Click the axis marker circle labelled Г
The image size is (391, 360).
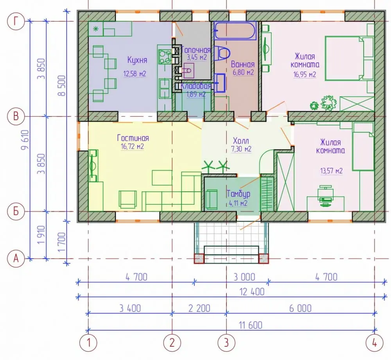coord(16,21)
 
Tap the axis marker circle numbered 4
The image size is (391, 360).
coord(375,343)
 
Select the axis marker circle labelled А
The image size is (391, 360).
coord(16,259)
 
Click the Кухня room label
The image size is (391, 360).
coord(137,60)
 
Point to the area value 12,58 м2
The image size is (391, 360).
coord(135,74)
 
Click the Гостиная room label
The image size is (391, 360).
coord(133,138)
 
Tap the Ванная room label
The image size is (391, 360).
coord(243,64)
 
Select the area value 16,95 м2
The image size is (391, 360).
coord(305,74)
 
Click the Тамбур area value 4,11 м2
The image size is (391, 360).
coord(238,203)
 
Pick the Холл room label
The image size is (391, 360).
coord(241,140)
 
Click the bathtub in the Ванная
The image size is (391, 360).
coord(235,31)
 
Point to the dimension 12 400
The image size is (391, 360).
coord(252,292)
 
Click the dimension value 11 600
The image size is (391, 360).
coord(251,325)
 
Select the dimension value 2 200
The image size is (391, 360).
coord(199,308)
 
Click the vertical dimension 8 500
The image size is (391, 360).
coord(62,86)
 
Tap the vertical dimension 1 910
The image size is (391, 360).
coord(41,235)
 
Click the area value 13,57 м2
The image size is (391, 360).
coord(332,171)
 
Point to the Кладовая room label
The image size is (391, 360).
coord(196,86)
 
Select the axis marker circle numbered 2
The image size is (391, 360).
coord(172,343)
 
